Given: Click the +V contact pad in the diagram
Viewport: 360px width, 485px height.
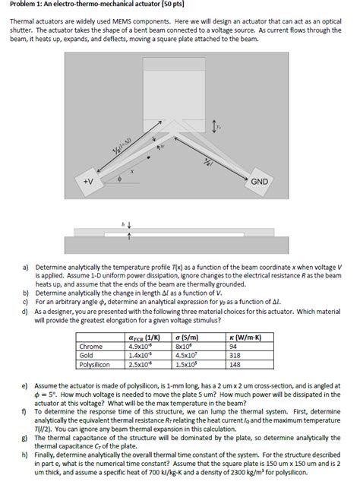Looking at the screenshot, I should [90, 183].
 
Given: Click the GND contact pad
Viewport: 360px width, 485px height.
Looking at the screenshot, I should [267, 182].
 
